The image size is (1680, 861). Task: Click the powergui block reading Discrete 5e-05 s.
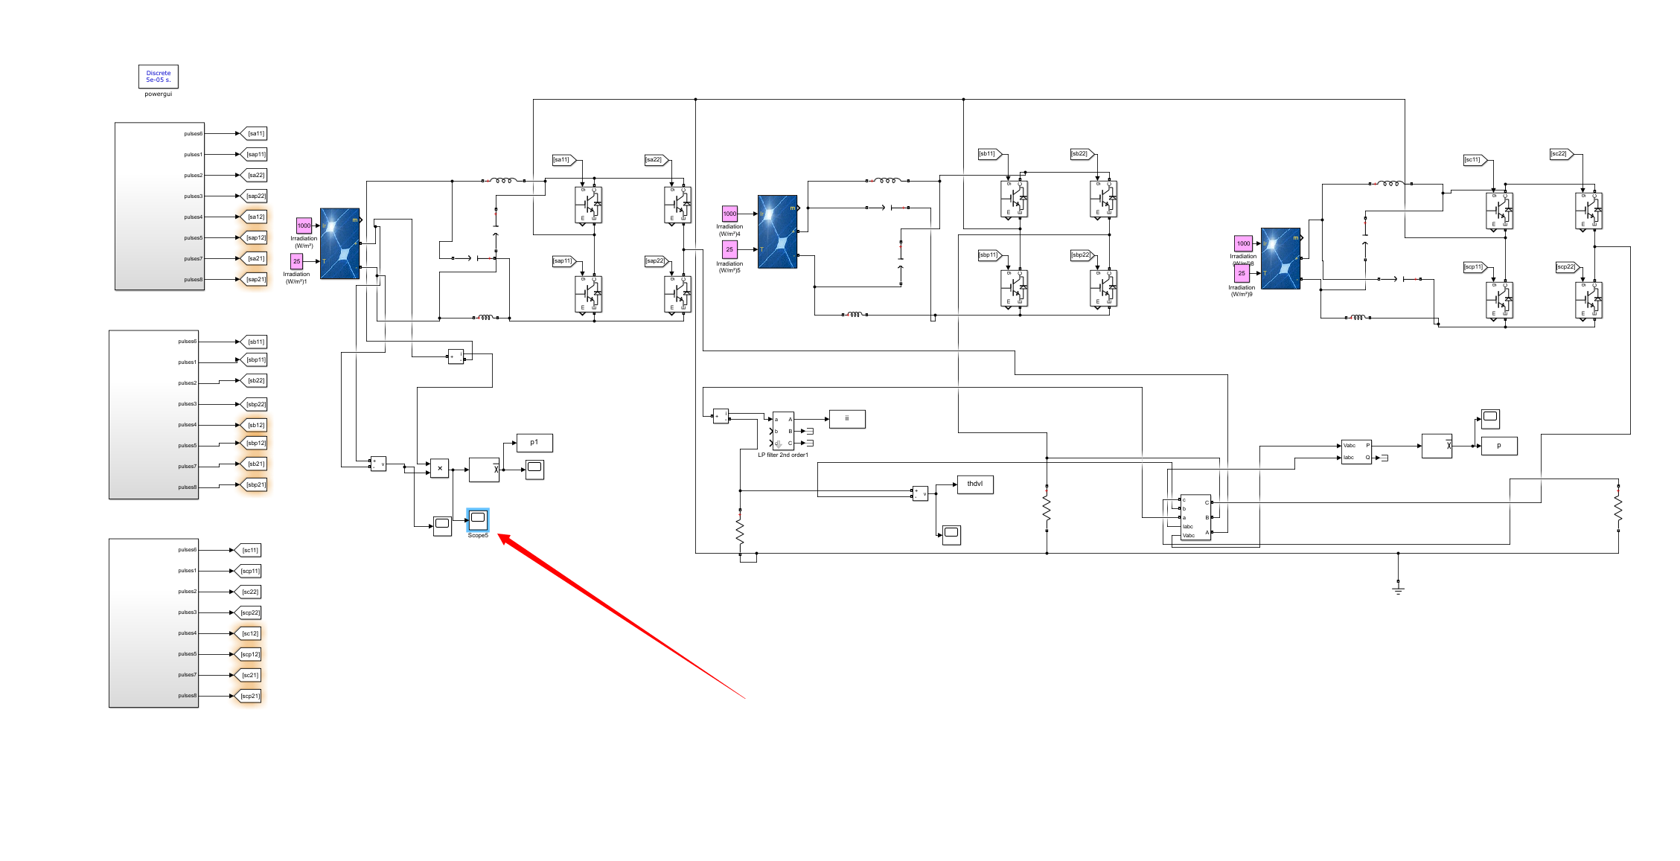(158, 77)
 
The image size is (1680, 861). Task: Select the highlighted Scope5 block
(478, 519)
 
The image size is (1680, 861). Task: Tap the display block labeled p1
(534, 443)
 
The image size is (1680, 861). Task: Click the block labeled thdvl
(974, 484)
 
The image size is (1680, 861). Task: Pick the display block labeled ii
(847, 419)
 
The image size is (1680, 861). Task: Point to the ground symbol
(1398, 589)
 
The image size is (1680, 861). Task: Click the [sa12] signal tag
(255, 217)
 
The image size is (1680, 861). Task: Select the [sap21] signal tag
(255, 280)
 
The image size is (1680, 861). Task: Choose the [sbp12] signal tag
(255, 444)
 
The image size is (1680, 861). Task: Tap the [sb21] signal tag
(255, 464)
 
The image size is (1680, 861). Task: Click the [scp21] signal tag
(249, 697)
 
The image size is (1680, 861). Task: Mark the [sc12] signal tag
(249, 634)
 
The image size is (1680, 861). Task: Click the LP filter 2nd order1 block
(783, 431)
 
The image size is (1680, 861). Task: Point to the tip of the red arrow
(499, 535)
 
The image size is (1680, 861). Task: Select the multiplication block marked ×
(440, 468)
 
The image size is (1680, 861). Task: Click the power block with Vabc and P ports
(1355, 452)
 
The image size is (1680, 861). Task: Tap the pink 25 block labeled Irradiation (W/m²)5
(729, 249)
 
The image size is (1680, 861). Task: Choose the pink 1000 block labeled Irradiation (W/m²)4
(729, 214)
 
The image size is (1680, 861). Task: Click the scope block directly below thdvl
(951, 534)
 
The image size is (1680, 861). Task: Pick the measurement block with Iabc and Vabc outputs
(1195, 517)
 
